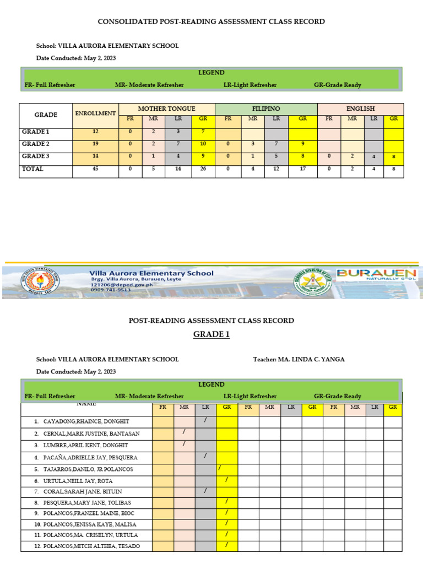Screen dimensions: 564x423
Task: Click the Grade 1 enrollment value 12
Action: pyautogui.click(x=95, y=132)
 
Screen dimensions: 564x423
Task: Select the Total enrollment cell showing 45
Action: pyautogui.click(x=95, y=170)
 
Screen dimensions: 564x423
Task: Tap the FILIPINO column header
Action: pyautogui.click(x=266, y=109)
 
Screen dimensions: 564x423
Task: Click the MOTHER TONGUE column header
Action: pyautogui.click(x=166, y=109)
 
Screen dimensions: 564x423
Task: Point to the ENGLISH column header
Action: pyautogui.click(x=360, y=109)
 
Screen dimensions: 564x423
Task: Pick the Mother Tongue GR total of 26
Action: pyautogui.click(x=203, y=170)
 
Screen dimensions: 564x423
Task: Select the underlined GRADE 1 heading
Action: pyautogui.click(x=211, y=334)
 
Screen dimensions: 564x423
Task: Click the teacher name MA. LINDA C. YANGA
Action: pyautogui.click(x=313, y=359)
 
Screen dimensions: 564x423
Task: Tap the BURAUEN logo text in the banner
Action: pyautogui.click(x=377, y=273)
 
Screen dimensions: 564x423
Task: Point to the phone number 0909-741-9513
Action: pyautogui.click(x=111, y=290)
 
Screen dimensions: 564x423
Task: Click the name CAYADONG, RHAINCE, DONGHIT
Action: pyautogui.click(x=86, y=422)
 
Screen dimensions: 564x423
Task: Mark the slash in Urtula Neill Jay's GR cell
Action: pyautogui.click(x=226, y=479)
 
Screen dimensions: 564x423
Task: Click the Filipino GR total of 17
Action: pyautogui.click(x=303, y=170)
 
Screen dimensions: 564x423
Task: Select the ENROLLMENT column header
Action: pyautogui.click(x=95, y=113)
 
